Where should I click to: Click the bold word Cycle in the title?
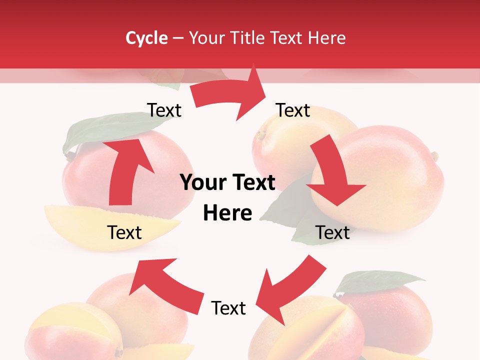coord(146,38)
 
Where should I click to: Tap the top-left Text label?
coord(164,110)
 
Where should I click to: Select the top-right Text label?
coord(293,110)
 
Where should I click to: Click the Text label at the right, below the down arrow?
coord(332,232)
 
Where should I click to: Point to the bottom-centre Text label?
coord(228,308)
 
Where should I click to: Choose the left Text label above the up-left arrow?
coord(124,232)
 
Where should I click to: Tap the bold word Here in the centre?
coord(227,213)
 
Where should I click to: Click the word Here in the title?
coord(326,38)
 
